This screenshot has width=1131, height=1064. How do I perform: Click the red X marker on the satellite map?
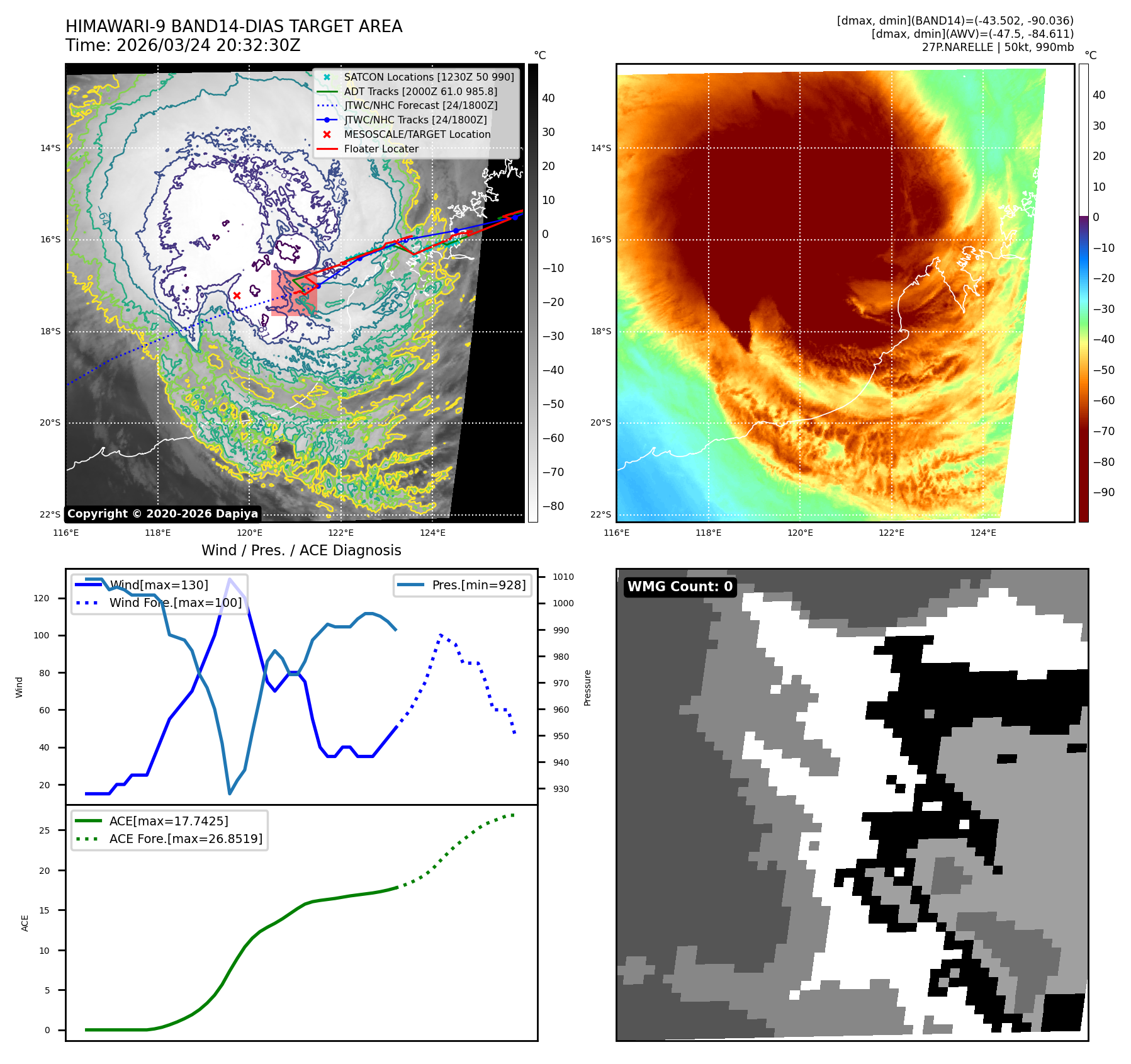237,295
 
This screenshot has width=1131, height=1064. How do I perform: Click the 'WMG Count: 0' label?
680,587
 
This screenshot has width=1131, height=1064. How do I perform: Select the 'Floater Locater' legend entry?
381,149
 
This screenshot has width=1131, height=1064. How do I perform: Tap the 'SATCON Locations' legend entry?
429,77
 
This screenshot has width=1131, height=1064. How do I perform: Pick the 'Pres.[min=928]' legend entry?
478,585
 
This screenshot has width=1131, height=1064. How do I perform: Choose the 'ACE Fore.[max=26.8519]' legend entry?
186,839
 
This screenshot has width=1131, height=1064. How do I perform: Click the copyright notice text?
162,514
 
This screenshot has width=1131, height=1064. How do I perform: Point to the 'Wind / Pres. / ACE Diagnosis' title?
301,550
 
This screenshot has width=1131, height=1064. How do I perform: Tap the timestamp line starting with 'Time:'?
183,45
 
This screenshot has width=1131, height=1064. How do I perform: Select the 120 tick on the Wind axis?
42,598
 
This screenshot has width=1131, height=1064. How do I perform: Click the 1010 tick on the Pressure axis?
563,577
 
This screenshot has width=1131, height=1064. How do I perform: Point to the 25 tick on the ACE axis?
44,830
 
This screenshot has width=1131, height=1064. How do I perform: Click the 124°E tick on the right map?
983,533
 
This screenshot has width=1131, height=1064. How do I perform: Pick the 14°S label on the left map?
50,149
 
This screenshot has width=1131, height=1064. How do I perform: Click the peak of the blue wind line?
230,579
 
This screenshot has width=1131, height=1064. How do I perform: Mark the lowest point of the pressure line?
230,793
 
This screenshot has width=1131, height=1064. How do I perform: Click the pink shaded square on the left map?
294,293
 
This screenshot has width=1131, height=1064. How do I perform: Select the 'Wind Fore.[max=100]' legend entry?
175,603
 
